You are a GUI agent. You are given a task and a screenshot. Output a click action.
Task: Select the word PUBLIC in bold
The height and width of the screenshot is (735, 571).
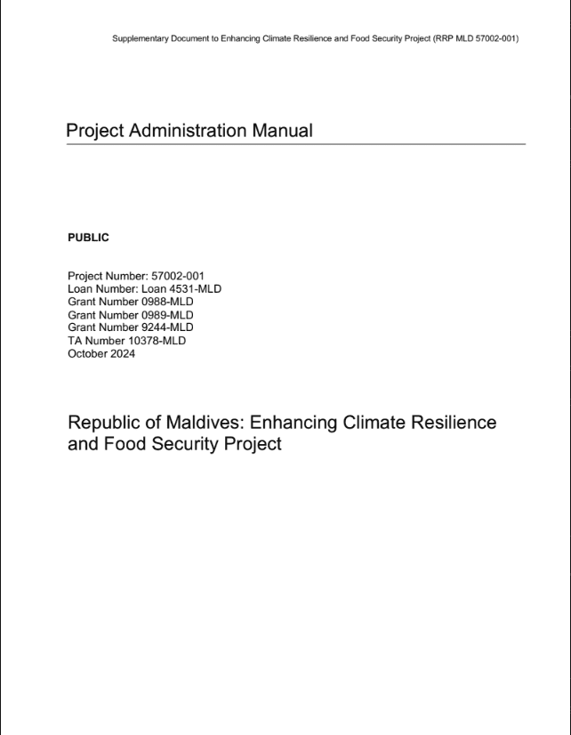click(88, 238)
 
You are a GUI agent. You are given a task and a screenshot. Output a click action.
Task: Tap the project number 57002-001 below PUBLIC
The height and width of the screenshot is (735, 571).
click(178, 277)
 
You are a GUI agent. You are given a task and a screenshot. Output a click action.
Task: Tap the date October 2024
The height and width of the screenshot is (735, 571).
click(101, 353)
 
